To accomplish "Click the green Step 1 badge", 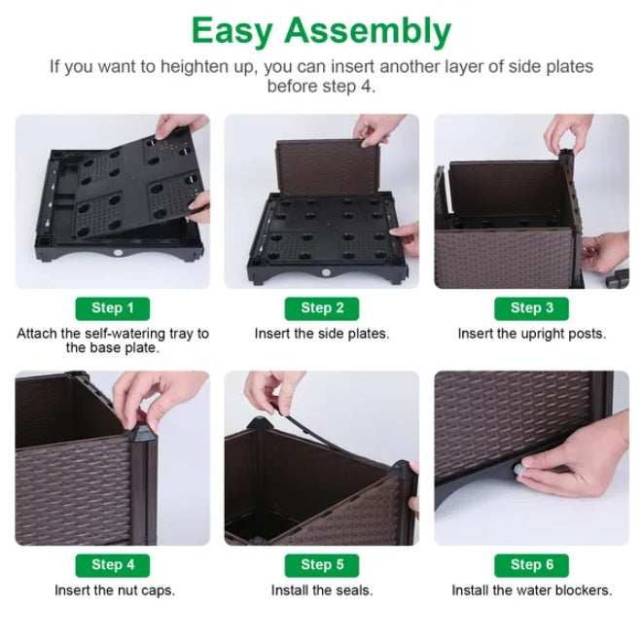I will pyautogui.click(x=113, y=308).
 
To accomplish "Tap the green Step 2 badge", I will pyautogui.click(x=322, y=308).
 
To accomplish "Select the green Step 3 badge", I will pyautogui.click(x=531, y=308).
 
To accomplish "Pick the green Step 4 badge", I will pyautogui.click(x=113, y=565).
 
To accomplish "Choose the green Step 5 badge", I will pyautogui.click(x=322, y=565).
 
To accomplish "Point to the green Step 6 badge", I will pyautogui.click(x=531, y=565).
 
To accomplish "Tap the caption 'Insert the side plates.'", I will pyautogui.click(x=322, y=334).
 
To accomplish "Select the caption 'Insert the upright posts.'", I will pyautogui.click(x=531, y=334).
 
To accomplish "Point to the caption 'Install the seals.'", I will pyautogui.click(x=322, y=590).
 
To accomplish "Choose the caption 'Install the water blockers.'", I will pyautogui.click(x=531, y=590).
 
